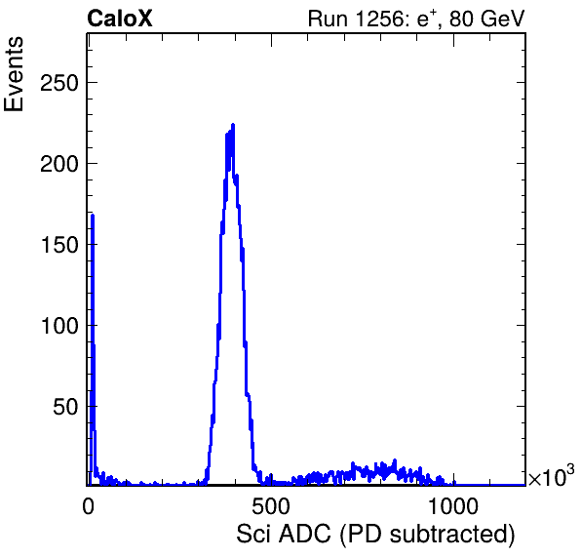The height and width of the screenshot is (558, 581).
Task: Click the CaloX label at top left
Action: tap(120, 19)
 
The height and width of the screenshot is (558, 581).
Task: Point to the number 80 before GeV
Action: tap(461, 19)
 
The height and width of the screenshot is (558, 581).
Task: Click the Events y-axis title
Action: tap(14, 74)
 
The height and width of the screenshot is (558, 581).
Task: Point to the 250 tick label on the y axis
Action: tap(59, 83)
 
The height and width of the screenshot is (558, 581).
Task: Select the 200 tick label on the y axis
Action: tap(59, 164)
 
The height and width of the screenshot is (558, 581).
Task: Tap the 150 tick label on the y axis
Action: tap(59, 245)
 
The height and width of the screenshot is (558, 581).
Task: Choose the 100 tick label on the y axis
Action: tap(59, 326)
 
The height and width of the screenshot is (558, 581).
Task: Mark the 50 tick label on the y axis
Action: tap(65, 407)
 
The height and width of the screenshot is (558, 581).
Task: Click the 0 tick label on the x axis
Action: tap(88, 506)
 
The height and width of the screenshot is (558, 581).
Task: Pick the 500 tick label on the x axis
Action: tap(271, 506)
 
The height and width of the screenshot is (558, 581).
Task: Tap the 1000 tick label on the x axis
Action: tap(452, 506)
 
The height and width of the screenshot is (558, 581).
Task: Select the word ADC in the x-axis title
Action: tap(304, 535)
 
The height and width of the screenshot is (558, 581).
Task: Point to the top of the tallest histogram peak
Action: tap(233, 125)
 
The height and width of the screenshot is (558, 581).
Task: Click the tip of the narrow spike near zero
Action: tap(93, 215)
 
